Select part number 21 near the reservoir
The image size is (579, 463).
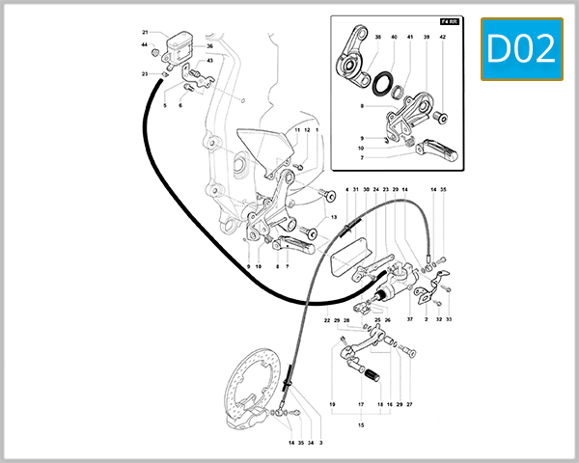[145, 32]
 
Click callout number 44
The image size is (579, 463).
[145, 45]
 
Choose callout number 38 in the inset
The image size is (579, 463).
[377, 37]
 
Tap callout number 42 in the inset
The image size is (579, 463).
[442, 37]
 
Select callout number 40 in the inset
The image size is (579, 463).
[394, 37]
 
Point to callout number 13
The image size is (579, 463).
[333, 219]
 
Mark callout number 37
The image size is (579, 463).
[409, 319]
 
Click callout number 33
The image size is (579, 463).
[449, 319]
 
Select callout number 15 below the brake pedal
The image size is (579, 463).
[362, 424]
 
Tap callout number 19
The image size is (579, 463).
[331, 404]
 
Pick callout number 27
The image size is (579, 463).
[409, 404]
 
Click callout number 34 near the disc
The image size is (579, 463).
[311, 443]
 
